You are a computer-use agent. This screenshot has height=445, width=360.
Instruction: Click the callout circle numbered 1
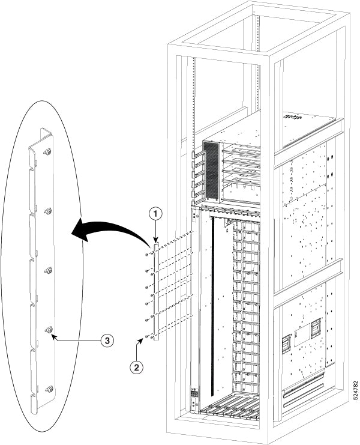pos(155,213)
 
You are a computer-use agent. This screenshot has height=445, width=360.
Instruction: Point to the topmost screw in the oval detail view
pos(48,153)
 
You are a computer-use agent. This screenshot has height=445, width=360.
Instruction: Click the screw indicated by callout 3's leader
pos(49,330)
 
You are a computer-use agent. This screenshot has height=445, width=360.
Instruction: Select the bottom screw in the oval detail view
pos(49,389)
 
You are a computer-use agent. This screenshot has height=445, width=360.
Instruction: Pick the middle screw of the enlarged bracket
pos(49,270)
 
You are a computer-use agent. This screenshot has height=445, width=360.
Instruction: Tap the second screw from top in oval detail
pos(49,211)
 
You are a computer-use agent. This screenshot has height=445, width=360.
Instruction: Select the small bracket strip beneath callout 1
pos(156,291)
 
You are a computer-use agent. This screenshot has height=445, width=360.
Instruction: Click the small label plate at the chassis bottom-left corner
pos(194,393)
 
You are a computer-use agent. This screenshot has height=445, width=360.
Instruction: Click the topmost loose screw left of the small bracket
pos(147,255)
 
